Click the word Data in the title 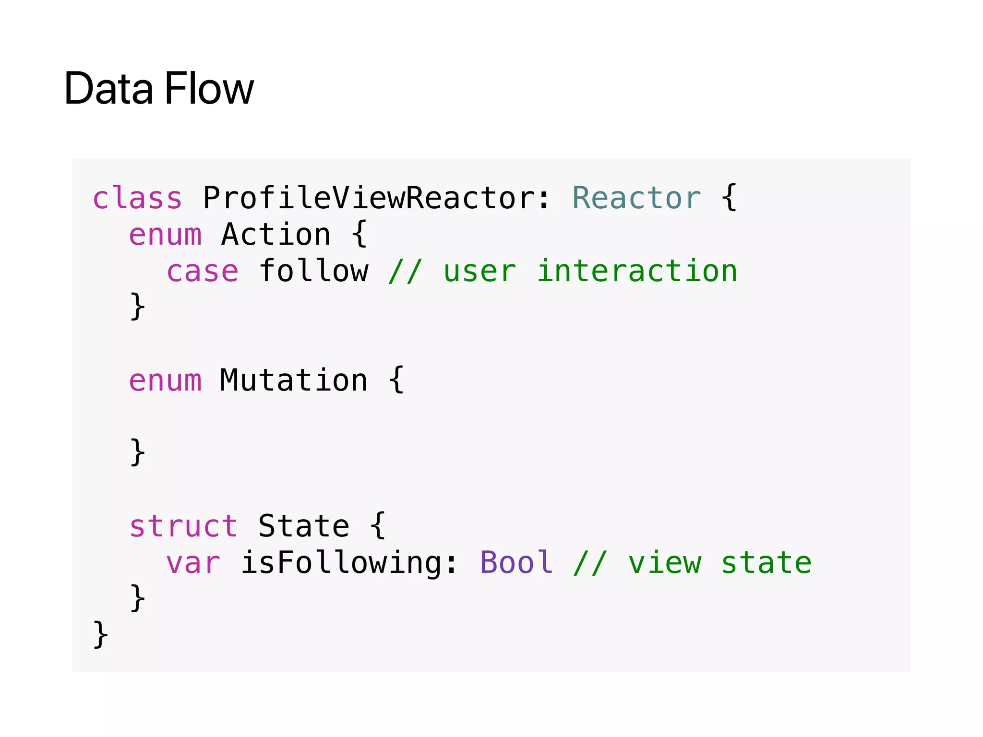(x=108, y=88)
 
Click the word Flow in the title (x=209, y=88)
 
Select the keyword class (x=137, y=198)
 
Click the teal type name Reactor (x=636, y=198)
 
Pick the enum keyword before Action (x=165, y=235)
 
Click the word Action (x=276, y=235)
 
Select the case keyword (x=202, y=271)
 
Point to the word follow (x=314, y=271)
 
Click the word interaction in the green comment (x=637, y=271)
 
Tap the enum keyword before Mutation (x=165, y=380)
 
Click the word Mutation (x=294, y=380)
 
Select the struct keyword (x=183, y=526)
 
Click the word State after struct (x=303, y=526)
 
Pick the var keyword (x=193, y=563)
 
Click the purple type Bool (x=516, y=563)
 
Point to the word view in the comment (x=665, y=563)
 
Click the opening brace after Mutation (x=396, y=380)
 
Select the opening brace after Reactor (x=729, y=198)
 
